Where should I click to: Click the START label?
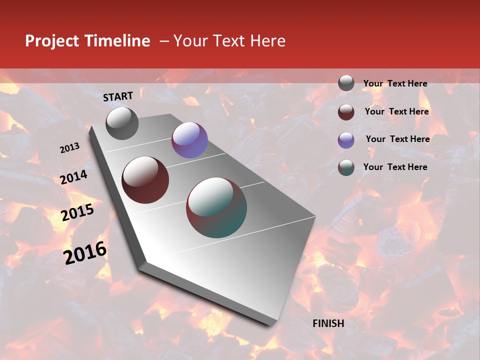tap(118, 96)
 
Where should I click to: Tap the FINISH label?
tap(328, 323)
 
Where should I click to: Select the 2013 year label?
tap(69, 148)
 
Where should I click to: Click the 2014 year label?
tap(73, 177)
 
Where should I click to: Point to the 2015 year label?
tap(77, 213)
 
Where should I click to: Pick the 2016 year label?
tap(85, 252)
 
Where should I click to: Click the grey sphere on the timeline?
tap(122, 123)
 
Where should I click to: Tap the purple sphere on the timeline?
tap(189, 140)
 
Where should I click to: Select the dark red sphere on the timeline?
tap(145, 180)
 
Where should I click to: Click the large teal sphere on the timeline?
tap(216, 207)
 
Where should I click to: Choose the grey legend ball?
tap(346, 83)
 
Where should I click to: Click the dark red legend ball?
tap(346, 111)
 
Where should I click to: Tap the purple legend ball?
tap(346, 139)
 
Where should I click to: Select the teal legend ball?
tap(346, 167)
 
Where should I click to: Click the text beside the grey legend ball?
tap(395, 83)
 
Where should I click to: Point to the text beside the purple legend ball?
tap(397, 139)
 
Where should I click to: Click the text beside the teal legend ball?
tap(395, 167)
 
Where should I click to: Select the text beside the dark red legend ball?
tap(396, 111)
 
